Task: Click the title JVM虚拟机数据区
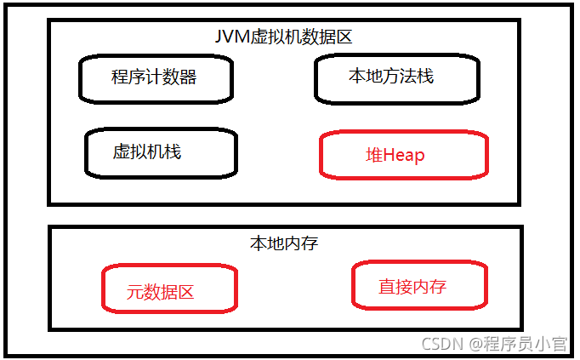[284, 37]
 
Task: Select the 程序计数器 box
[156, 78]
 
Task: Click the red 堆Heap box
[403, 155]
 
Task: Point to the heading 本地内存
[283, 243]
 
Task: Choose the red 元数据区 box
[169, 289]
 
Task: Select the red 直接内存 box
[419, 286]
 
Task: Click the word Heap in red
[404, 156]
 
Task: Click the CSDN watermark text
[441, 344]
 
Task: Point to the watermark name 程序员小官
[525, 344]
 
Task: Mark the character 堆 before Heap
[374, 156]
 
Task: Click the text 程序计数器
[154, 77]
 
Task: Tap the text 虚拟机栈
[146, 152]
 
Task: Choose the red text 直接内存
[412, 287]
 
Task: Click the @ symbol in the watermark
[473, 345]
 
